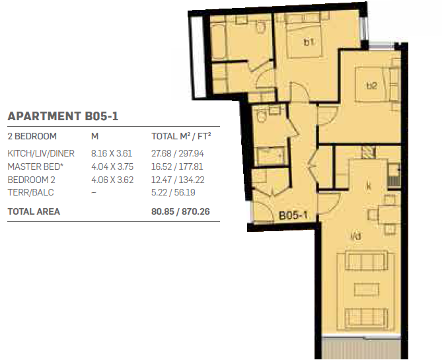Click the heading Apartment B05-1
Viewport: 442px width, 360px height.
[x=63, y=116]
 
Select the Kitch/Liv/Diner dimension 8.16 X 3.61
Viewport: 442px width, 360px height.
[x=112, y=153]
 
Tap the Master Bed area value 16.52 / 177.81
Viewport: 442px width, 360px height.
[x=177, y=166]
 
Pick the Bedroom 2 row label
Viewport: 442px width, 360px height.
[x=31, y=180]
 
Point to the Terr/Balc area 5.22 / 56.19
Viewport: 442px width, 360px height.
[x=173, y=192]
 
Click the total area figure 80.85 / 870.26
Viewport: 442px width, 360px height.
[x=180, y=211]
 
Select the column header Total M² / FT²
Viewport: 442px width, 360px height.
[x=181, y=136]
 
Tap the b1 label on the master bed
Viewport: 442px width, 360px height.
[x=309, y=42]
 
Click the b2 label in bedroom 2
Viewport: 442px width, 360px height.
[x=372, y=85]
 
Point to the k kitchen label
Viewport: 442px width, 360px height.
[x=369, y=186]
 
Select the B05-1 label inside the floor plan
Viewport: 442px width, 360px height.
[x=293, y=215]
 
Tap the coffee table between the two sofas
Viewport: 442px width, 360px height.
[x=367, y=289]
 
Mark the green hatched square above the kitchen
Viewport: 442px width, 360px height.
[x=368, y=153]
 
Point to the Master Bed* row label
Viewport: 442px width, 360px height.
[x=35, y=166]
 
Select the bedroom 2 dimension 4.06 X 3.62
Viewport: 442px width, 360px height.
[x=112, y=180]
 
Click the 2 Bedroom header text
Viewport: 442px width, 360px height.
[x=32, y=136]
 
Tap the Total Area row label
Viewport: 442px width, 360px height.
[x=34, y=211]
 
